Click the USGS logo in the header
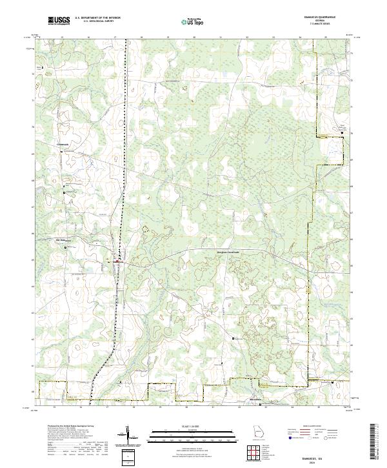[59, 21]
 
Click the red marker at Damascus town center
[117, 260]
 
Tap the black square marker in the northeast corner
[342, 132]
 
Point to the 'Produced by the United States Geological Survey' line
[72, 427]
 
